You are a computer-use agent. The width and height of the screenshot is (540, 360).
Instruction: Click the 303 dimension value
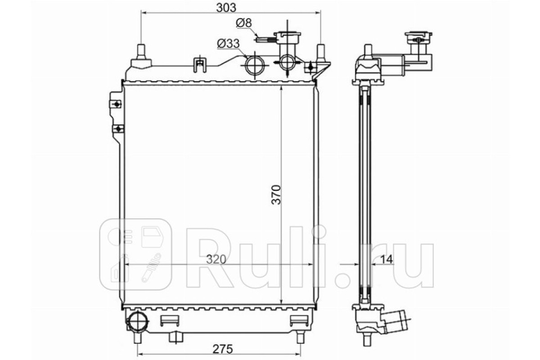coord(226,8)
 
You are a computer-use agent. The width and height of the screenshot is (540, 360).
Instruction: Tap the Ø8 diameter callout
coord(244,23)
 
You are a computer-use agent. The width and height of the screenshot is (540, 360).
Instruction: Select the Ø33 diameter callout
coord(228,44)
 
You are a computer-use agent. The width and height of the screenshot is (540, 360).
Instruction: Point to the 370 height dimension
coord(276,195)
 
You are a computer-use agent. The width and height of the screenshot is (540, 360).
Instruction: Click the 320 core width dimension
coord(216,259)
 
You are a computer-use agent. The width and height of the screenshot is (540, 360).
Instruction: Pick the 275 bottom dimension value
coord(223,349)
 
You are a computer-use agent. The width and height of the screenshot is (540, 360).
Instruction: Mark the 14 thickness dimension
coord(387,259)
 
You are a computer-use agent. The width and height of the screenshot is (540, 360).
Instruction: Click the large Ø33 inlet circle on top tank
coord(255,65)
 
